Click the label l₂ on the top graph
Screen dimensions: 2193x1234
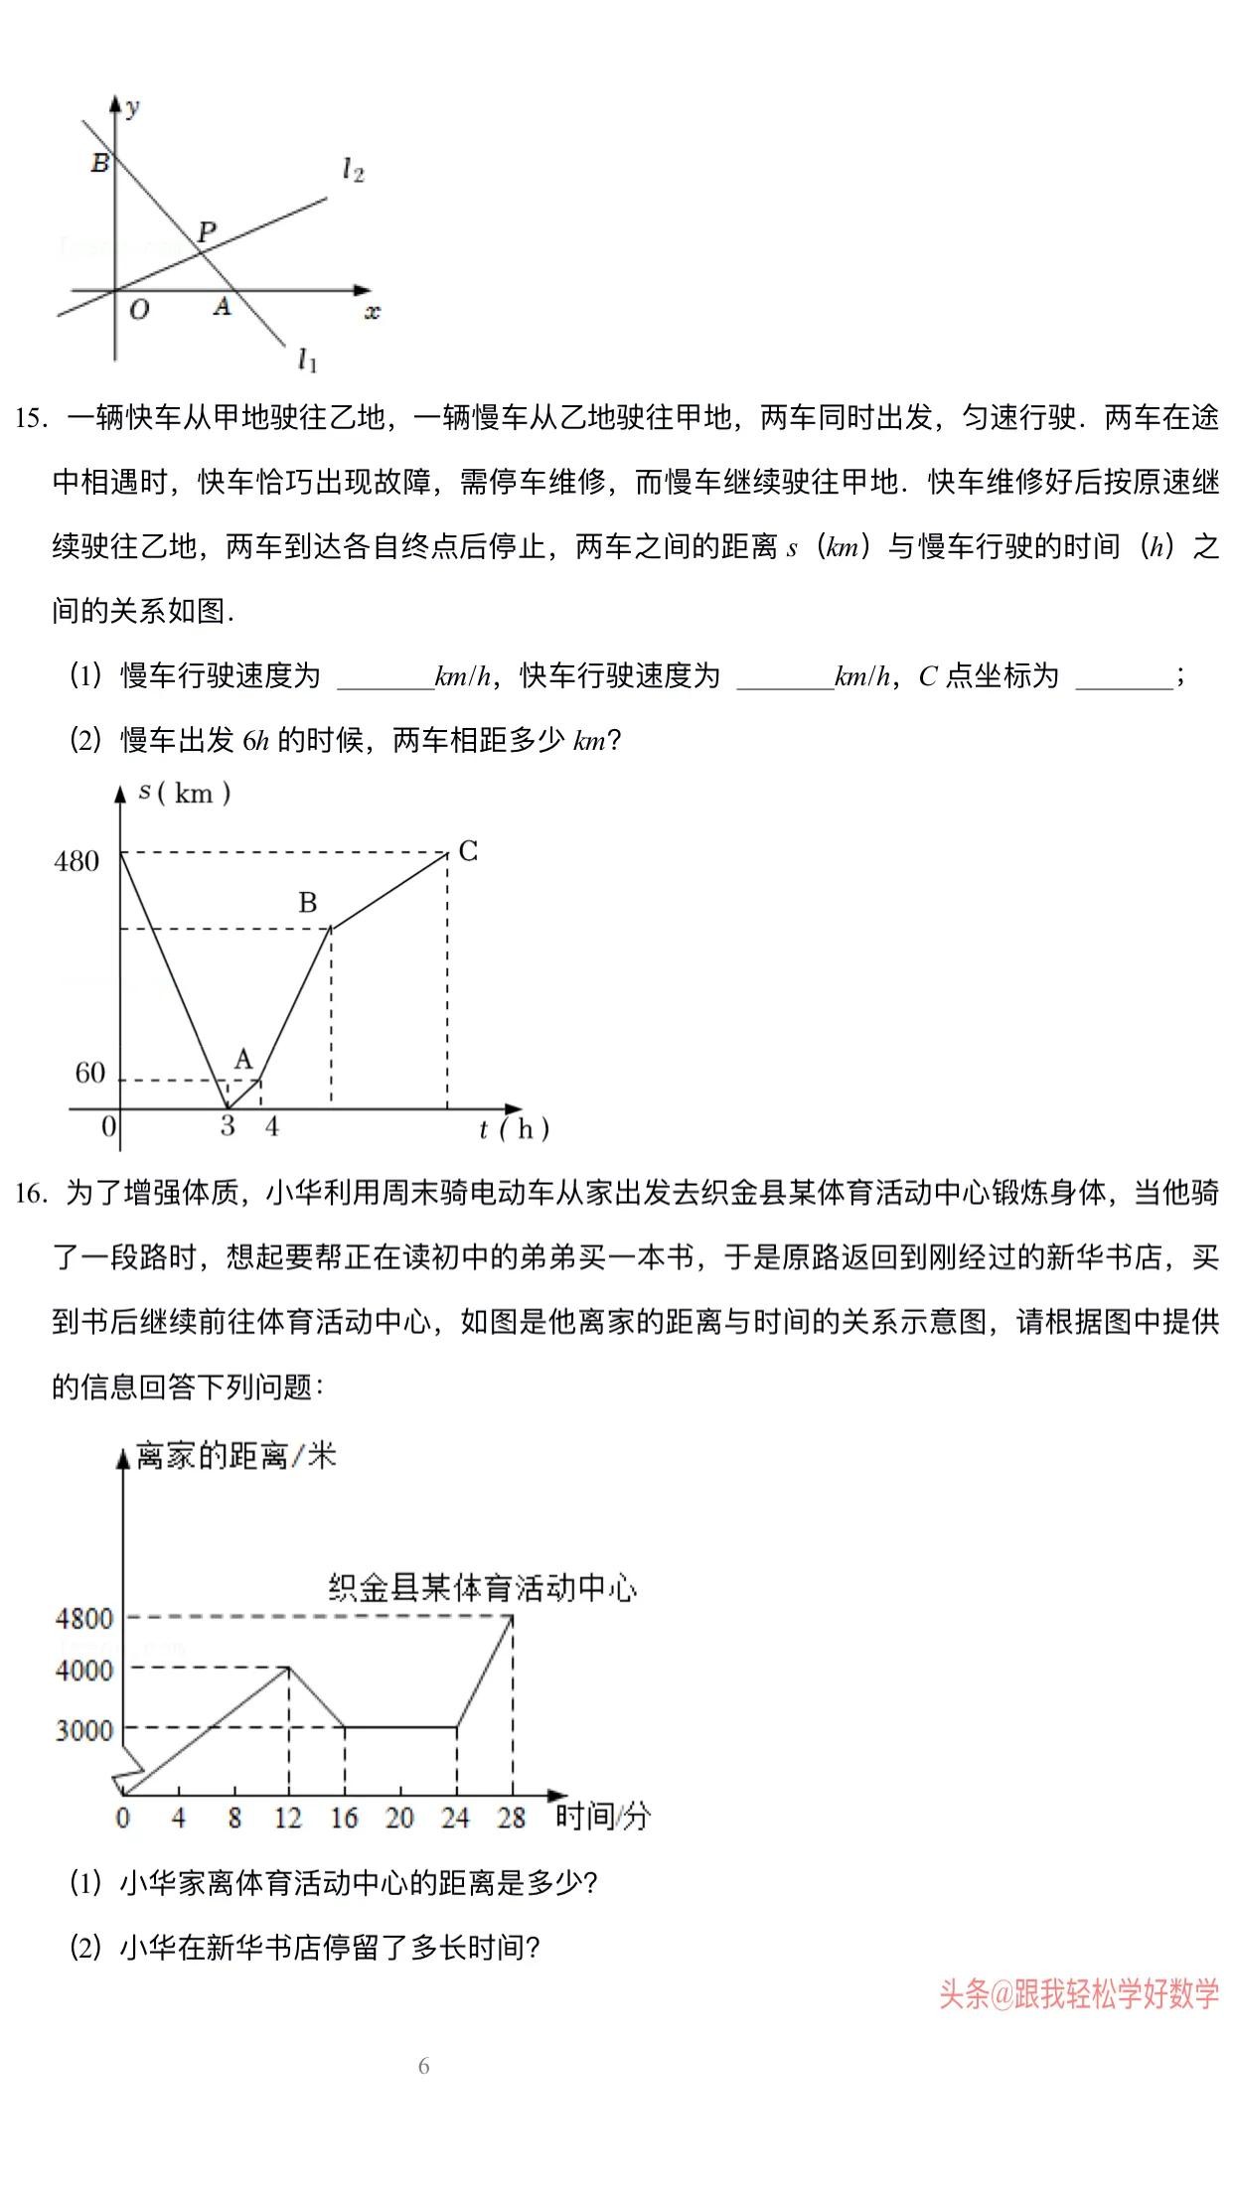(x=353, y=171)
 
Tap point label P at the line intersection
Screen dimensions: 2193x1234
(x=207, y=232)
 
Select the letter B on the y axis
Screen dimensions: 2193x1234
(x=99, y=163)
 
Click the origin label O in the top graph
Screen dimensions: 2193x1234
(x=139, y=310)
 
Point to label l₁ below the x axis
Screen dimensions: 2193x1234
(x=308, y=360)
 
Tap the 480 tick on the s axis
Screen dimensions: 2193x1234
(x=77, y=861)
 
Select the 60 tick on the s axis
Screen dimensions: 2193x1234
(x=89, y=1073)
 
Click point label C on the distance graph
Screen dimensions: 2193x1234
(x=468, y=851)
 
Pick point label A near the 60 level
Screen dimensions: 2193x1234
(x=243, y=1060)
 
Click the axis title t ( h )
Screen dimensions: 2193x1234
(x=514, y=1129)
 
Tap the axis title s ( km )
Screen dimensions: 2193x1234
(x=185, y=793)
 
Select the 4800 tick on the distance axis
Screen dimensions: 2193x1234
(x=84, y=1619)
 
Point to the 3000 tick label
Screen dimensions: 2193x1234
(x=84, y=1730)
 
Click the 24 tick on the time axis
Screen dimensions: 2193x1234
(x=455, y=1818)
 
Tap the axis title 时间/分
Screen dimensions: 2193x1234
(x=602, y=1816)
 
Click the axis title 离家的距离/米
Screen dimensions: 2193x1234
(x=236, y=1457)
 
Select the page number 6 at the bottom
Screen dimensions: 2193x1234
(x=424, y=2067)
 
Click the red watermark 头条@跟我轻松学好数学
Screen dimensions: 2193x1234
(x=1079, y=1994)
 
